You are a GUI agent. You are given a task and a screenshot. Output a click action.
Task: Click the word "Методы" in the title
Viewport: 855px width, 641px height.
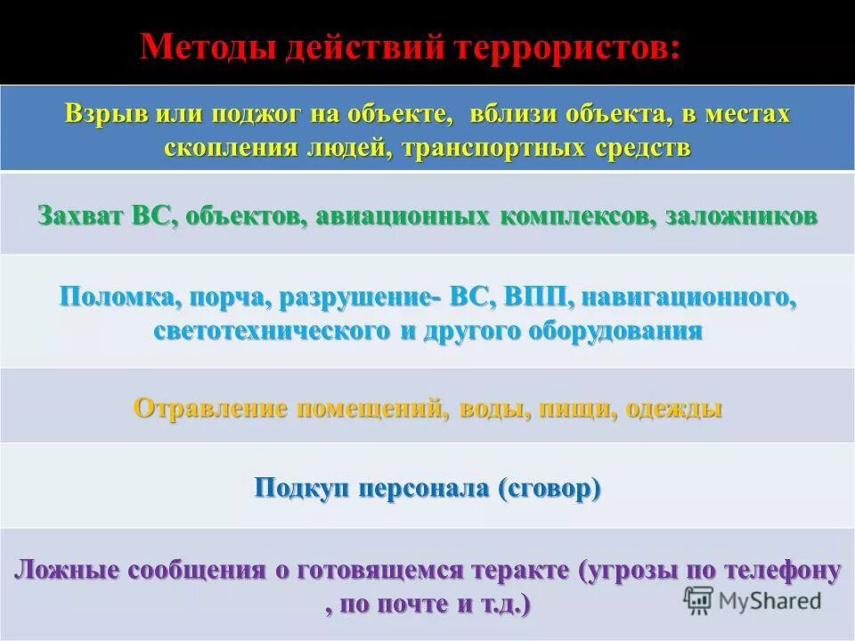[x=208, y=47]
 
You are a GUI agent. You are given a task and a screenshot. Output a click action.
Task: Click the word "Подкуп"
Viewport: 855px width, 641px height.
[x=300, y=489]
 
